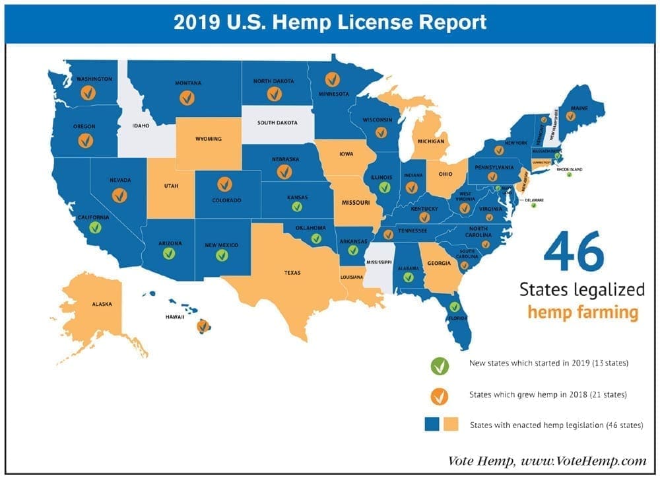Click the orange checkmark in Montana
[x=187, y=98]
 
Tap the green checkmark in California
[x=95, y=228]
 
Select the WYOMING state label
[x=209, y=139]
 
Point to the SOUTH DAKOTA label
[x=277, y=123]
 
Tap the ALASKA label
[x=102, y=305]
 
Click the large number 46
[x=574, y=252]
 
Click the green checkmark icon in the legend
[x=439, y=365]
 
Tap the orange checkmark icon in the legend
[x=439, y=396]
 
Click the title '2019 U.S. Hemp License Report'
[x=330, y=22]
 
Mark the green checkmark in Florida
[x=454, y=307]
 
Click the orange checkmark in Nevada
[x=119, y=195]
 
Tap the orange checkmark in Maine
[x=570, y=116]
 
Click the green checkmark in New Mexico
[x=222, y=255]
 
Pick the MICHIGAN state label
[x=430, y=141]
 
